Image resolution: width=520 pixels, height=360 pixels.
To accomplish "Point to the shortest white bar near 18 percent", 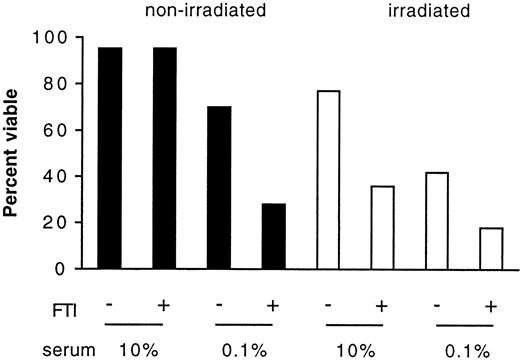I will click(x=490, y=249).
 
